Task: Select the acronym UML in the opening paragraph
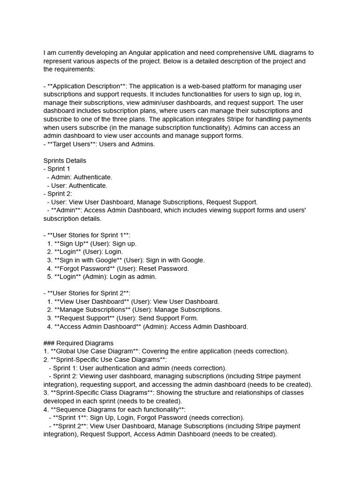(272, 52)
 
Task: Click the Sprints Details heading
(65, 160)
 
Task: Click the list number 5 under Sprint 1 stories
(49, 277)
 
